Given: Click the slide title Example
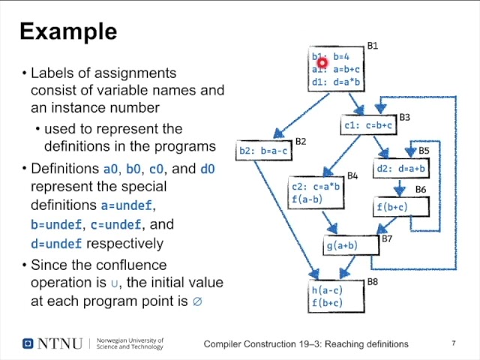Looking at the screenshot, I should click(68, 32).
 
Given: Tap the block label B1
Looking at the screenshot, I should click(372, 46).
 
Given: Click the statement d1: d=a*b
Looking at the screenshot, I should click(336, 82).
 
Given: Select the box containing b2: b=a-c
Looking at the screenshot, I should click(263, 151).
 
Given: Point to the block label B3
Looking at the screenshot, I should click(404, 118).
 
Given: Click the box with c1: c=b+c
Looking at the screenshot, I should click(368, 126).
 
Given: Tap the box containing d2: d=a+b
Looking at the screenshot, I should click(400, 169).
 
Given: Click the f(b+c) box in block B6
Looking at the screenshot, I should click(392, 207).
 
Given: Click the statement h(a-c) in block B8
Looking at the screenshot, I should click(327, 290).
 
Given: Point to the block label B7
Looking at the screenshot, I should click(387, 238).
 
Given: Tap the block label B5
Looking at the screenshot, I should click(424, 151).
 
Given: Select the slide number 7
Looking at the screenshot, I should click(454, 343).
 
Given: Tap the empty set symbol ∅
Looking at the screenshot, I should click(198, 301).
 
